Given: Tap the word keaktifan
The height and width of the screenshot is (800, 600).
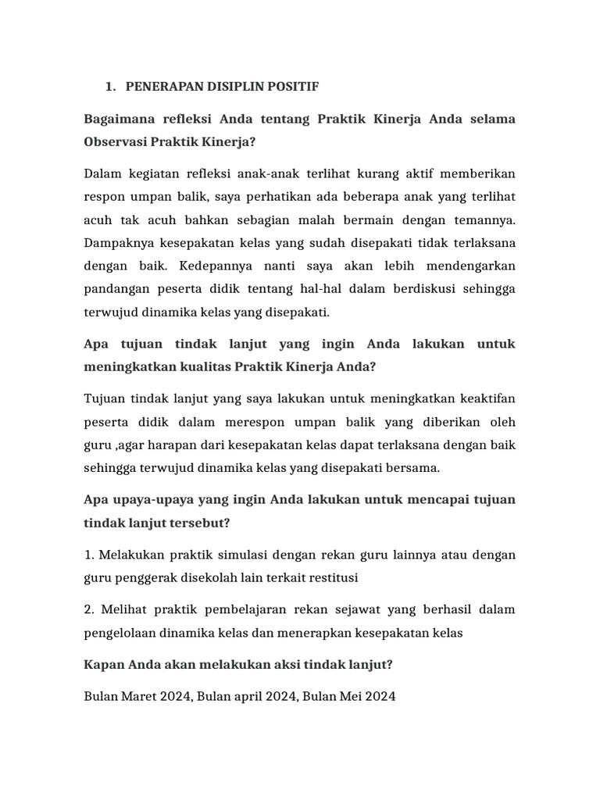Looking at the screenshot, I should coord(484,398).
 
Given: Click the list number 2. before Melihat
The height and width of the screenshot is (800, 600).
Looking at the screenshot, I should coord(89,609).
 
